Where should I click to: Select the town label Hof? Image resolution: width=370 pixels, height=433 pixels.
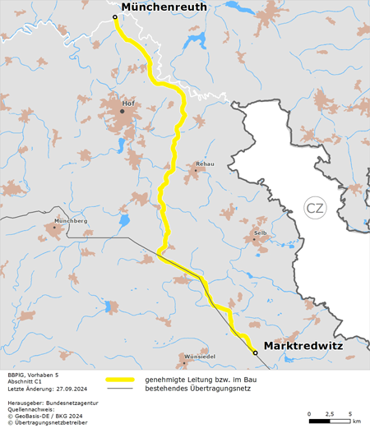(x=127, y=104)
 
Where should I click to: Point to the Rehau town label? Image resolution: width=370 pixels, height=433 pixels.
(x=205, y=164)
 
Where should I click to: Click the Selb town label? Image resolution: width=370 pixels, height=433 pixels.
(x=261, y=233)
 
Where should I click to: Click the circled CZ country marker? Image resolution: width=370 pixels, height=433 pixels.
(x=314, y=208)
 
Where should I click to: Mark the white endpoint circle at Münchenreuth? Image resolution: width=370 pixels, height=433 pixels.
(x=114, y=16)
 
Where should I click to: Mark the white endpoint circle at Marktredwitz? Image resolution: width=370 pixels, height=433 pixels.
(x=255, y=352)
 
